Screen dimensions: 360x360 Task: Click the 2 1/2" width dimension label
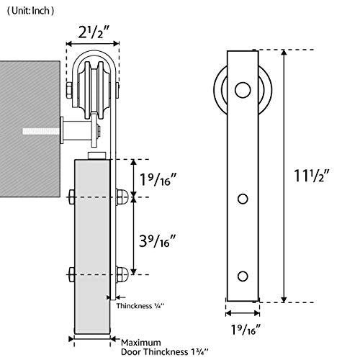pyautogui.click(x=94, y=32)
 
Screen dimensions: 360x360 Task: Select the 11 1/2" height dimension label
pyautogui.click(x=312, y=176)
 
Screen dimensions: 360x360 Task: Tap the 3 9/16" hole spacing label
pyautogui.click(x=158, y=240)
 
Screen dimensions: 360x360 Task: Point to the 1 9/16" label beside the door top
pyautogui.click(x=158, y=179)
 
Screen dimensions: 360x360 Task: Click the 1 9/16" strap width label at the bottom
pyautogui.click(x=246, y=330)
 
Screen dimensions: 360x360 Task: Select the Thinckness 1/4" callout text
pyautogui.click(x=140, y=306)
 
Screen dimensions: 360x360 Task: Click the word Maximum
pyautogui.click(x=140, y=343)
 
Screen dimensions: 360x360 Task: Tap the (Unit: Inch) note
pyautogui.click(x=30, y=11)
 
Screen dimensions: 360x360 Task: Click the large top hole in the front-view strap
pyautogui.click(x=243, y=90)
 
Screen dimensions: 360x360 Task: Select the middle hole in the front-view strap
pyautogui.click(x=243, y=199)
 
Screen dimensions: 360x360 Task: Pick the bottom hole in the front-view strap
pyautogui.click(x=243, y=276)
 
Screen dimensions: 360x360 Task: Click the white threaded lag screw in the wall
pyautogui.click(x=41, y=131)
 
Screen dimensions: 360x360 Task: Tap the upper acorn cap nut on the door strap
pyautogui.click(x=122, y=197)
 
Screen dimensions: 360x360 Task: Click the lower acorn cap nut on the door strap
pyautogui.click(x=122, y=274)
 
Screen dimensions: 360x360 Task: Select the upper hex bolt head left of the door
pyautogui.click(x=71, y=197)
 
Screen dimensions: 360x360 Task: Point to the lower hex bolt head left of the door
pyautogui.click(x=71, y=274)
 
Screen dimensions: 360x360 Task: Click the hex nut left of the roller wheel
pyautogui.click(x=69, y=90)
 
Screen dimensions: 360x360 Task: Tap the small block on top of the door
pyautogui.click(x=97, y=156)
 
